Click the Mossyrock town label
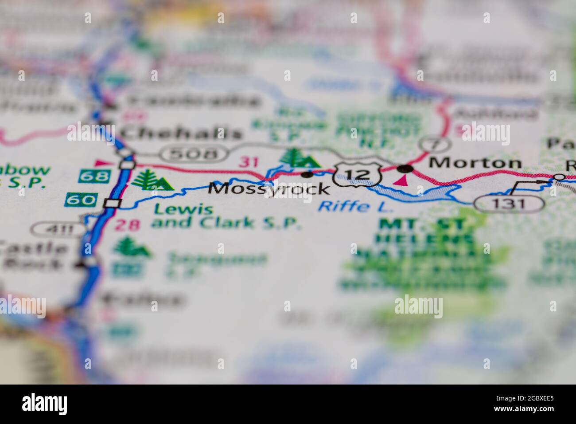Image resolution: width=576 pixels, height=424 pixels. pos(269,189)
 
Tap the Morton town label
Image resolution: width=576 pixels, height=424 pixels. pos(475,163)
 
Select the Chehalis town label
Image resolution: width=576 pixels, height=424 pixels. pos(182,132)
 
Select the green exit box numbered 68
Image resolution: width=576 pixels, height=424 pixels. pos(94,176)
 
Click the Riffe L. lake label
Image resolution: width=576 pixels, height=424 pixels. pos(350,206)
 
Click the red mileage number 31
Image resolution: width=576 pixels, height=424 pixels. pos(248,162)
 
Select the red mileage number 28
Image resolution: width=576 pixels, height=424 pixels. pos(128,225)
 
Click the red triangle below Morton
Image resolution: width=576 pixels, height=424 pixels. pos(402,180)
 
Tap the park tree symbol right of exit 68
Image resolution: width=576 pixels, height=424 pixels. pos(151,181)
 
